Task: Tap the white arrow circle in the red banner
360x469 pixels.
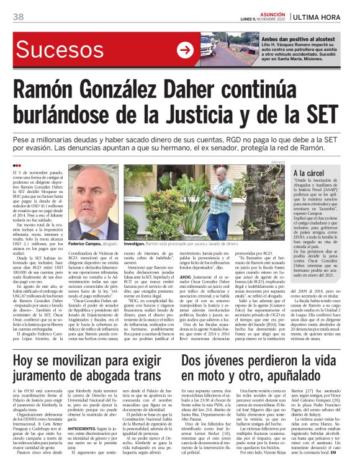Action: pos(185,50)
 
